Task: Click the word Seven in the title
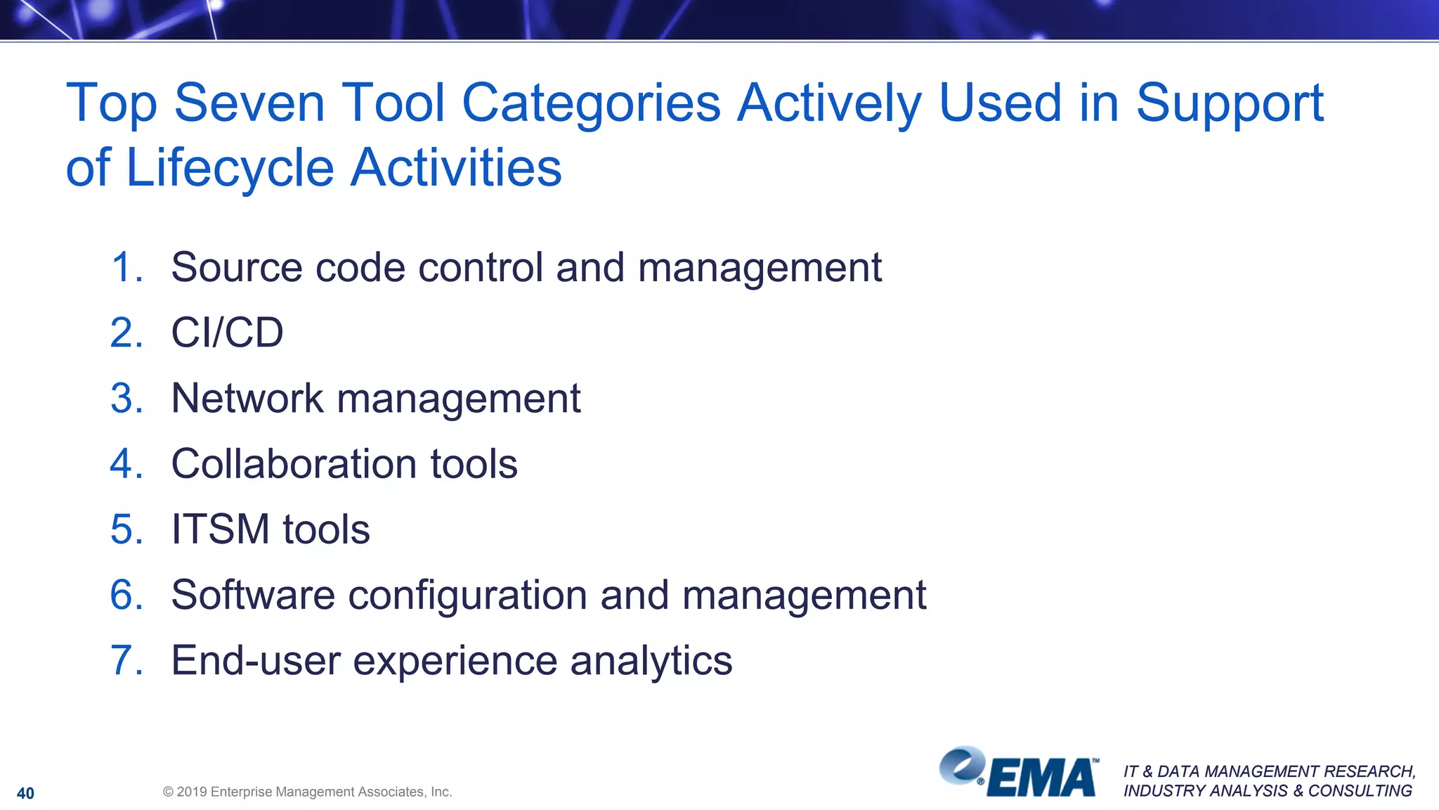click(249, 103)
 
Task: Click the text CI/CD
click(227, 333)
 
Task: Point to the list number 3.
click(126, 399)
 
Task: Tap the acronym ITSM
click(220, 529)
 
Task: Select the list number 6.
click(126, 595)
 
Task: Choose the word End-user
click(256, 661)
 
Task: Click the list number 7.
click(126, 661)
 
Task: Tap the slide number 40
click(25, 793)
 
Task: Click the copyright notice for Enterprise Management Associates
click(307, 792)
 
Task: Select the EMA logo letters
click(1042, 778)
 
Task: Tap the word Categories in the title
click(591, 103)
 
